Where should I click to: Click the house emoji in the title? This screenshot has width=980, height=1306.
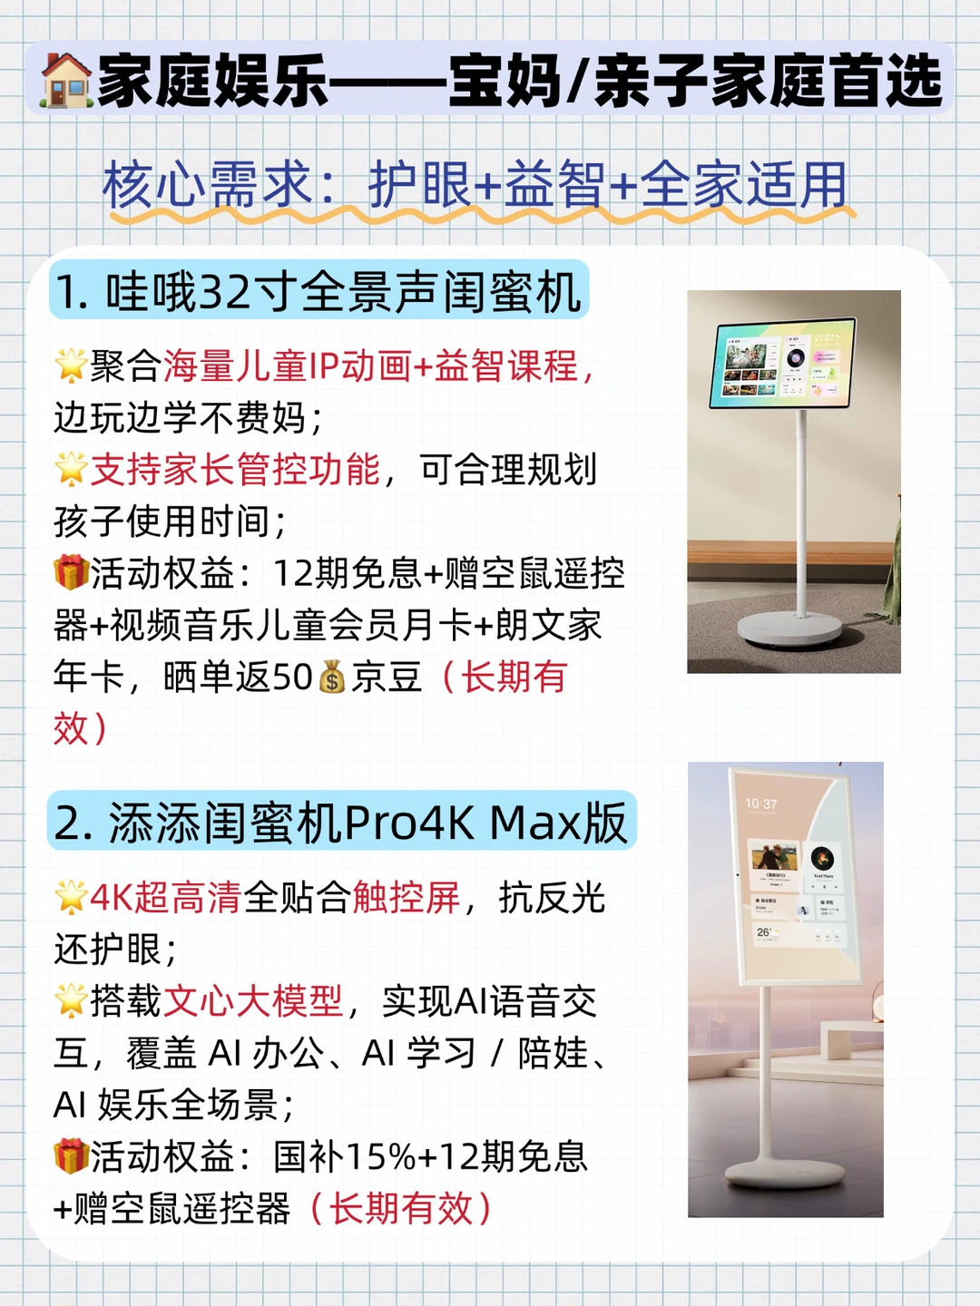(x=65, y=81)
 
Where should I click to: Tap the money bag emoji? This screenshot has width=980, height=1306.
(x=331, y=677)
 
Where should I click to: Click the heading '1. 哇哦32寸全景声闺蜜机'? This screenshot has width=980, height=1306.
(x=318, y=291)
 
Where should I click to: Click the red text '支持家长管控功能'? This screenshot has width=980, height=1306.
(x=235, y=470)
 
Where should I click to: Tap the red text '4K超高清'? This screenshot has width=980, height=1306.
(x=166, y=897)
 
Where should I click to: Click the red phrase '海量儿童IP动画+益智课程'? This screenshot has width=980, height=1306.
(x=371, y=365)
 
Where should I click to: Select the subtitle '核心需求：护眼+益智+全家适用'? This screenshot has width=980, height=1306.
(x=475, y=184)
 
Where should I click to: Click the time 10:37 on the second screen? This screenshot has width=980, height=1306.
(x=761, y=804)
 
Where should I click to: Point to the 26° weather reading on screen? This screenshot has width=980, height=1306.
(x=763, y=932)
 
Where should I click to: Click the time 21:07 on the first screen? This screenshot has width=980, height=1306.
(x=824, y=337)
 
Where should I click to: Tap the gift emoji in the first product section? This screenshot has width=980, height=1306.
(x=72, y=572)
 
